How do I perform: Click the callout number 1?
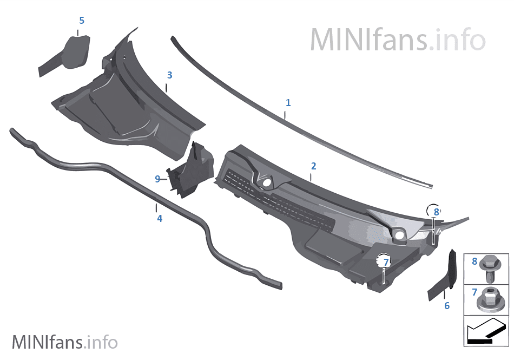[x=288, y=103]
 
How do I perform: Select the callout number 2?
[x=313, y=166]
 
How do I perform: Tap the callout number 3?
[x=169, y=75]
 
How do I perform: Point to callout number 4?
[x=160, y=218]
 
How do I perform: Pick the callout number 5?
[x=82, y=21]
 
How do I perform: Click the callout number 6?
[x=447, y=305]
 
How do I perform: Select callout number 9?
[x=157, y=179]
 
